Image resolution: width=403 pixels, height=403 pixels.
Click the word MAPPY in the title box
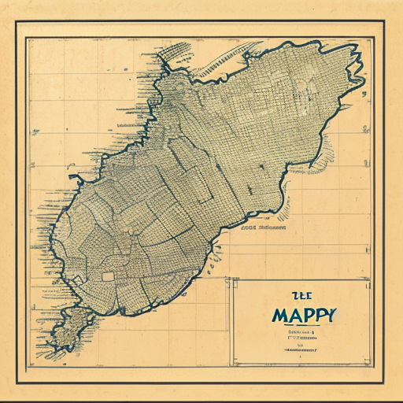pos(305,315)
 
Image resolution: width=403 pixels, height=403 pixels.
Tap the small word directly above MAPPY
pos(300,296)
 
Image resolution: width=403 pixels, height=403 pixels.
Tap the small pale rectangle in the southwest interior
pos(108,276)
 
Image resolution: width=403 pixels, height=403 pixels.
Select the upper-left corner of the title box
pos(230,277)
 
